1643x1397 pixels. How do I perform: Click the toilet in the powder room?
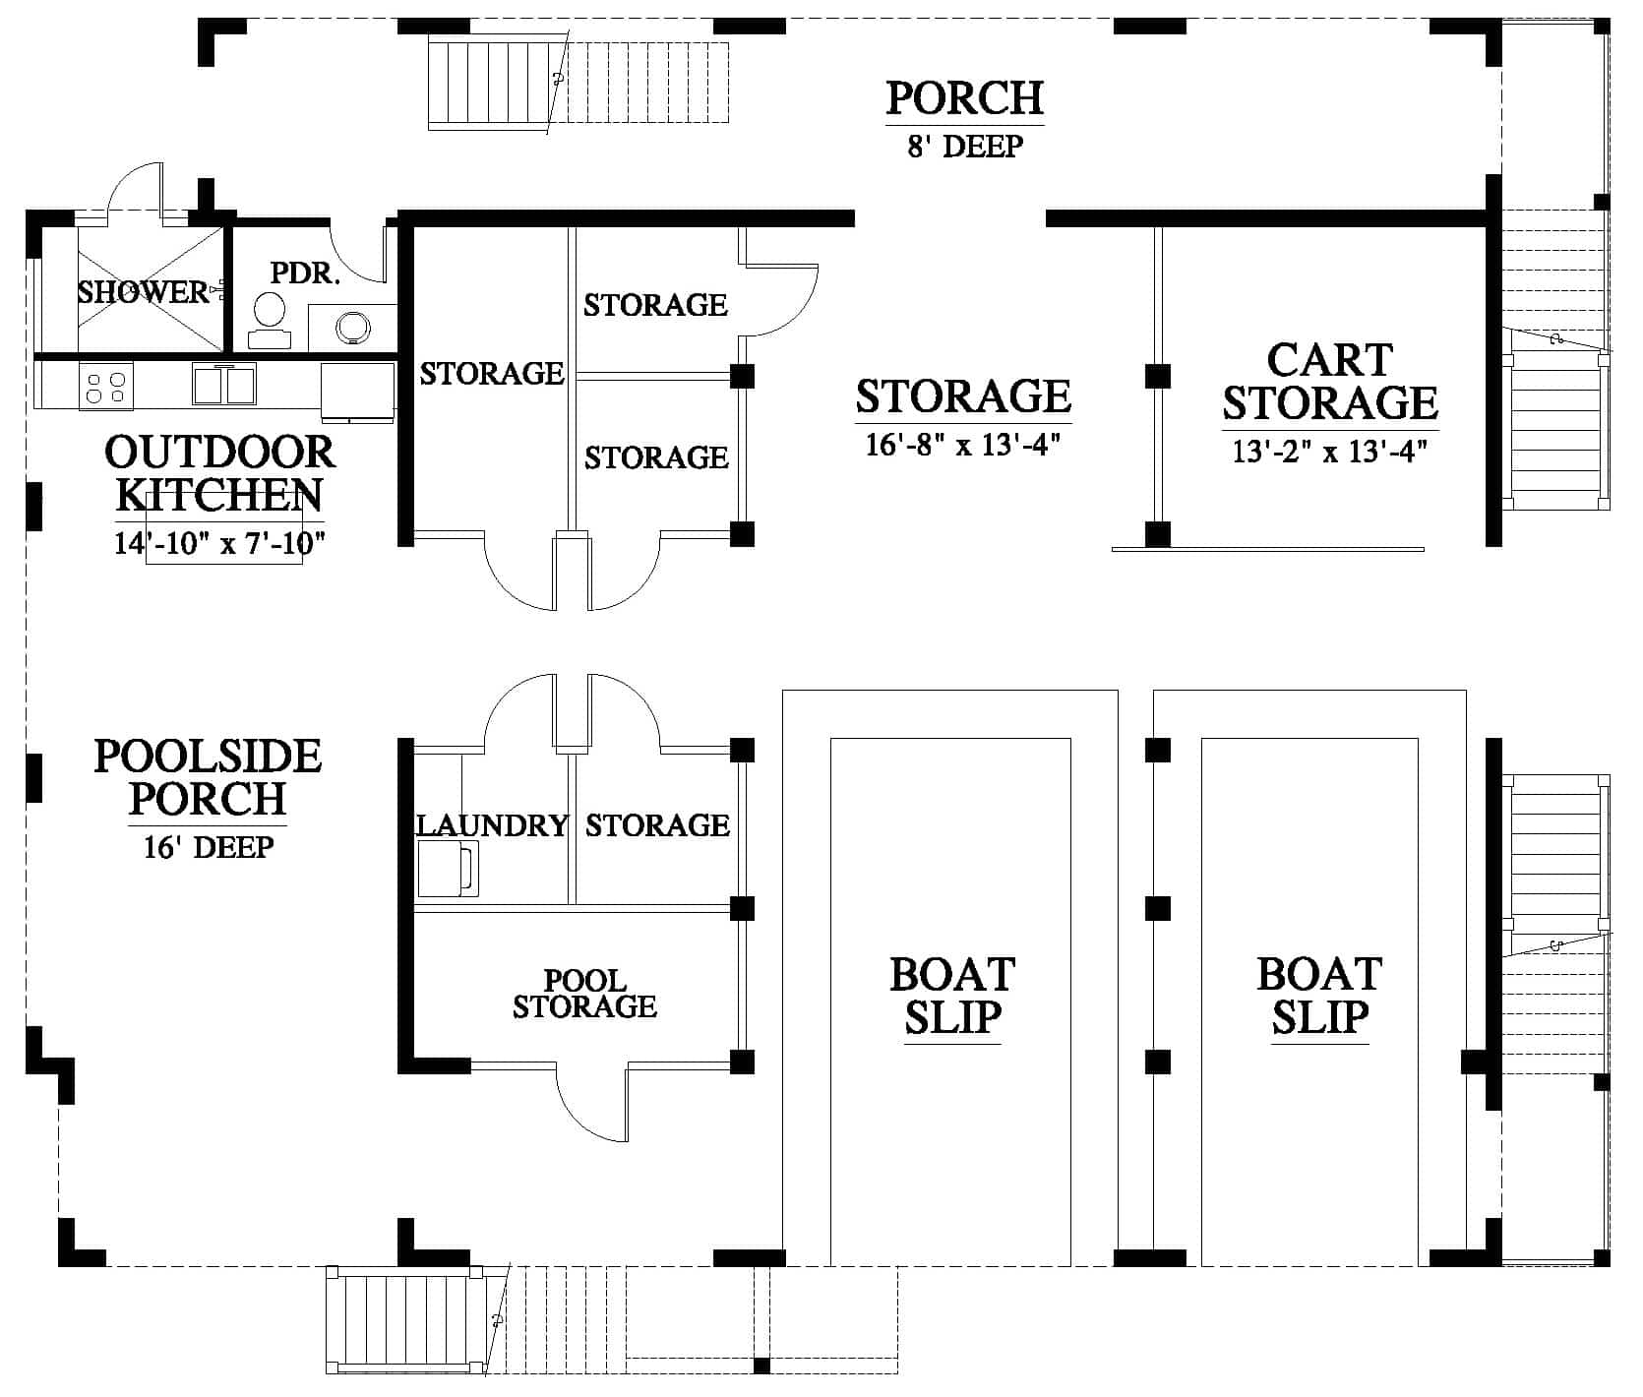(269, 321)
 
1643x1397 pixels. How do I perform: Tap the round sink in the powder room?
(350, 327)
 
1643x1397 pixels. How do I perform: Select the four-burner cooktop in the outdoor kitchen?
(107, 386)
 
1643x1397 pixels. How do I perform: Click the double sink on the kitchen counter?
(224, 383)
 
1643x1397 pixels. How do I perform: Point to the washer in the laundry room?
(448, 868)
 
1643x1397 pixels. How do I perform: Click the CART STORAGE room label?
(1330, 382)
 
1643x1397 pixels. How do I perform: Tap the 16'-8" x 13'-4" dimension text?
(962, 446)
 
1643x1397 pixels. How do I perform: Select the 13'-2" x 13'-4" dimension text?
(1330, 452)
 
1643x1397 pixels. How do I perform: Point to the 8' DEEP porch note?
(964, 147)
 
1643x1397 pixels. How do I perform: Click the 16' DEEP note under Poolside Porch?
(209, 847)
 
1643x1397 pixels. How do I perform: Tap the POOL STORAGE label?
(584, 994)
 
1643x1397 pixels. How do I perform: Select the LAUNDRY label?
(493, 824)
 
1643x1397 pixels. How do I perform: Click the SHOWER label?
(144, 291)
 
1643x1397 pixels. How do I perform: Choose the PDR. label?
(305, 273)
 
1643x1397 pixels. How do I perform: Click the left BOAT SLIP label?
(951, 996)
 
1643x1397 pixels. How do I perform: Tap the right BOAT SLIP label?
(1319, 996)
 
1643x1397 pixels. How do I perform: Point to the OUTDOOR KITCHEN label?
(219, 473)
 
